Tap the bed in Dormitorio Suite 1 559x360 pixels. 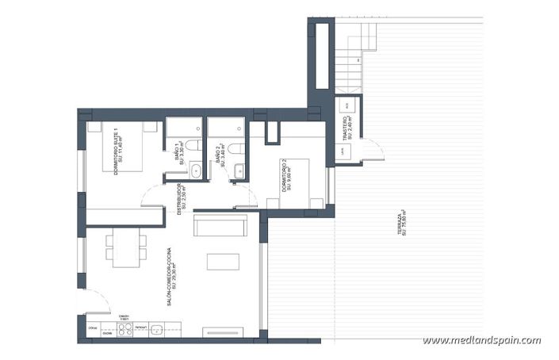coord(119,146)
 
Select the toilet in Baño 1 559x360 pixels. coord(195,169)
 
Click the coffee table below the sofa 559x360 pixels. coord(224,262)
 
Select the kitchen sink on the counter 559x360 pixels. coord(157,330)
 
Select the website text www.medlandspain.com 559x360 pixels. coord(481,341)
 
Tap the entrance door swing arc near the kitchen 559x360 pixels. coord(93,301)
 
